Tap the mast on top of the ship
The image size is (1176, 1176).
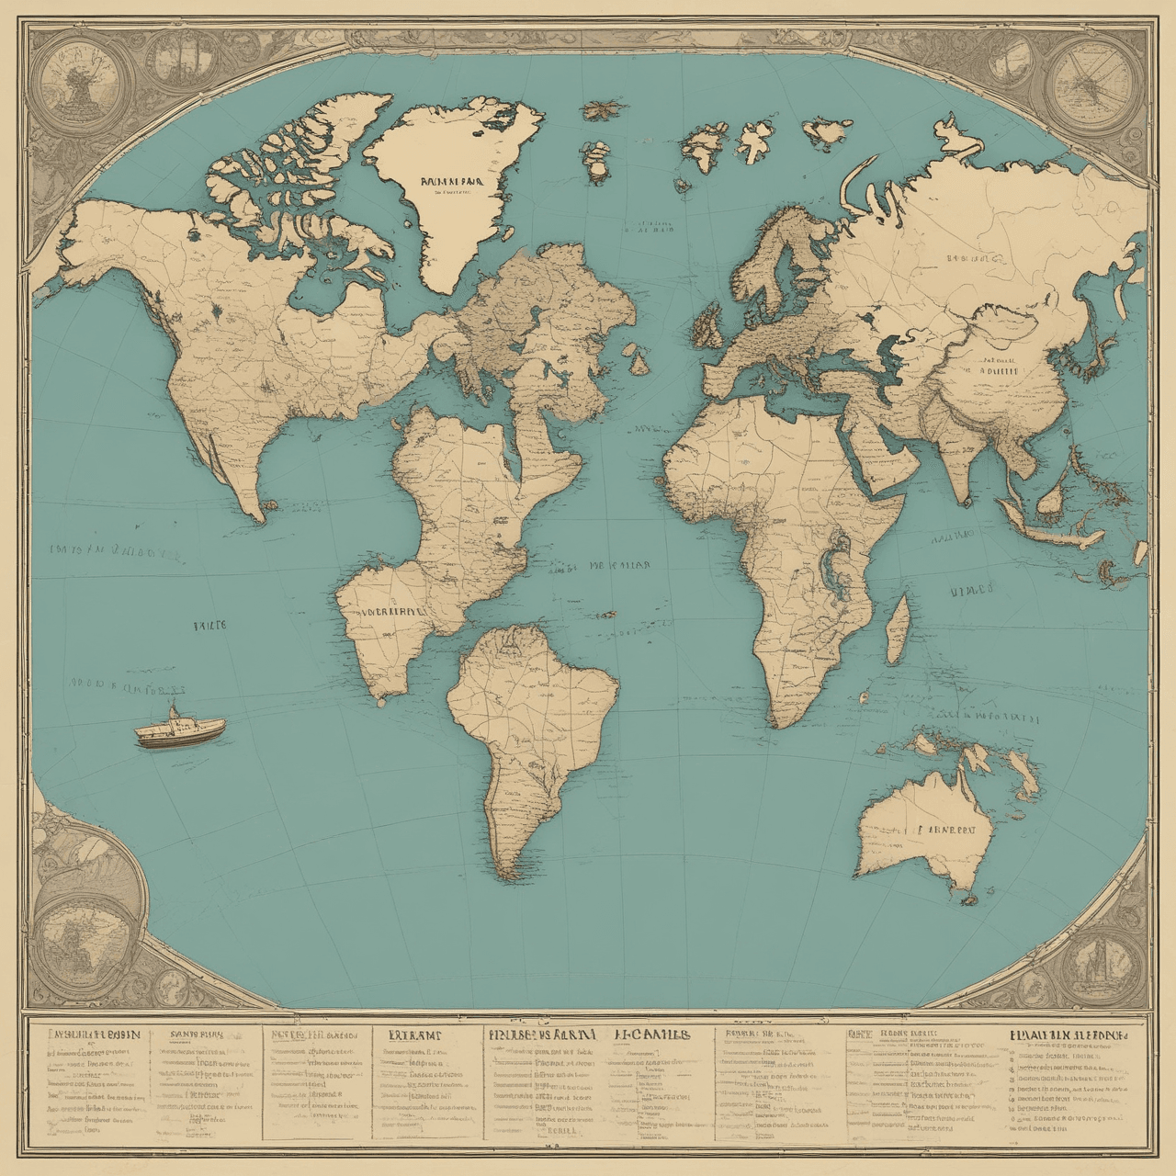pos(172,710)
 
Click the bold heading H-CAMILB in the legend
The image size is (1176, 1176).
pos(650,1034)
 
